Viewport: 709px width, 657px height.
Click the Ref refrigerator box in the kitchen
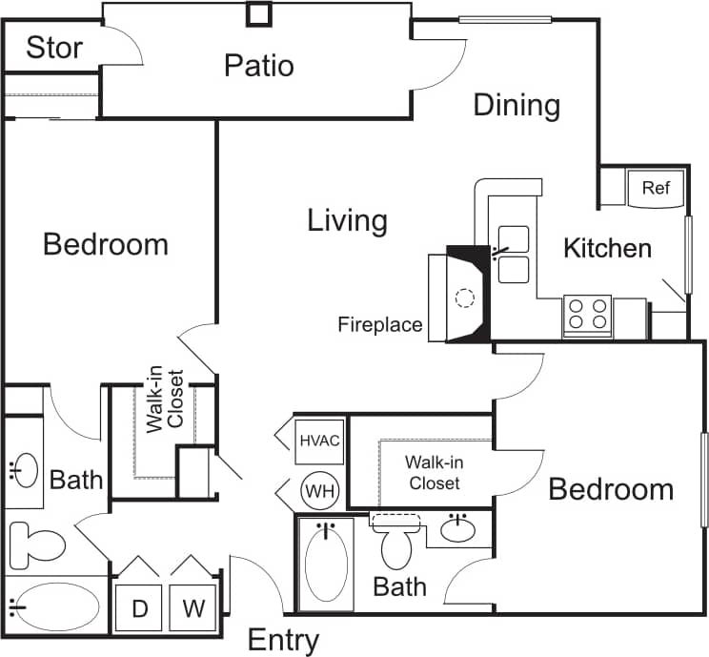655,188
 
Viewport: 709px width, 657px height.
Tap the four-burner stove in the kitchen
587,314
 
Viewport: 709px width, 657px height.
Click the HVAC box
319,441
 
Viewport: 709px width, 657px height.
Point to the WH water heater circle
318,491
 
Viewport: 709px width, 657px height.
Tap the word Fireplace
379,325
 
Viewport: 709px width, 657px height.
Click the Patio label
258,66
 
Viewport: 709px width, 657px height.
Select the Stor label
53,48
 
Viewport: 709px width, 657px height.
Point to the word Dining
517,105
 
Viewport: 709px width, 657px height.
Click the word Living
347,221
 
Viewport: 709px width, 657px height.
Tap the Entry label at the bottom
283,640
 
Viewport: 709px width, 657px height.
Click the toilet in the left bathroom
35,546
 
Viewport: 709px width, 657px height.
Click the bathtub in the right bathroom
327,564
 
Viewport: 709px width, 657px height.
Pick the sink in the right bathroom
460,527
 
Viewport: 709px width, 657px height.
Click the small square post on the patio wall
258,13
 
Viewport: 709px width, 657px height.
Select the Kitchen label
607,249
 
